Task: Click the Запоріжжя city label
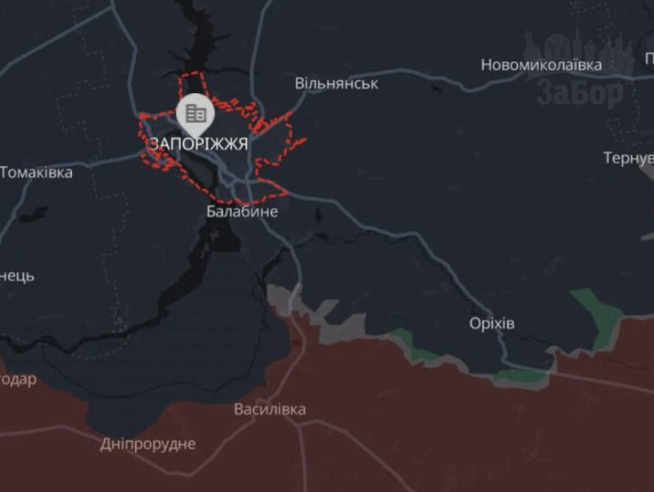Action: (x=198, y=144)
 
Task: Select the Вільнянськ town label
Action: (x=337, y=84)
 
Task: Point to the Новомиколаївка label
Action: (x=541, y=65)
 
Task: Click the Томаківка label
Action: (x=36, y=173)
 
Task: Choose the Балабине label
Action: (x=242, y=212)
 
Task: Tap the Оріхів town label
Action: (x=492, y=324)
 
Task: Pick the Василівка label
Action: (x=270, y=410)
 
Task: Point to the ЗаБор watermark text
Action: (x=580, y=93)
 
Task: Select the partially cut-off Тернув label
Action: (x=628, y=158)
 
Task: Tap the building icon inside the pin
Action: (x=195, y=113)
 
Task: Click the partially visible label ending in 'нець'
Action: (x=17, y=277)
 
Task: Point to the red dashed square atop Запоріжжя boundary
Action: (x=195, y=85)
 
